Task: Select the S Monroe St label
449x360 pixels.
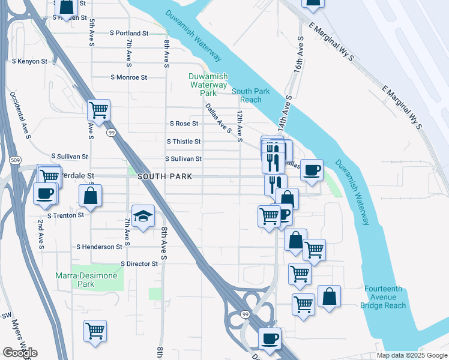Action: (x=128, y=77)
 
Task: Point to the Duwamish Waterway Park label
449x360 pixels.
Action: (x=202, y=85)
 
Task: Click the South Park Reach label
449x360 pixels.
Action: (x=247, y=95)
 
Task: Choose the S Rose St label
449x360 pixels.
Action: (x=184, y=124)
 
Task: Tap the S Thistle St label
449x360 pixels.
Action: (x=183, y=142)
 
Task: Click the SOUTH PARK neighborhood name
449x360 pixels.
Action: (x=164, y=176)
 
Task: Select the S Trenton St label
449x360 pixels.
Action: (x=66, y=214)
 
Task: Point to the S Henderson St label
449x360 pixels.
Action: (x=99, y=247)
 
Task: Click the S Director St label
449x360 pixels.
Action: (x=139, y=263)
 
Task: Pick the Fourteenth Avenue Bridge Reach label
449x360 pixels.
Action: (x=385, y=297)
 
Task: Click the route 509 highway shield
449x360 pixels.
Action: (x=15, y=160)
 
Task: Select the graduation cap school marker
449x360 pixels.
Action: (x=143, y=217)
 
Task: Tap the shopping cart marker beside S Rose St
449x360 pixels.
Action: (x=98, y=110)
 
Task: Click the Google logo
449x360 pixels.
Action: (x=20, y=352)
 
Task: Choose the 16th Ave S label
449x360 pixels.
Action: (x=298, y=56)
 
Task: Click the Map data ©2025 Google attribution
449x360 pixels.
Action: (x=411, y=355)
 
